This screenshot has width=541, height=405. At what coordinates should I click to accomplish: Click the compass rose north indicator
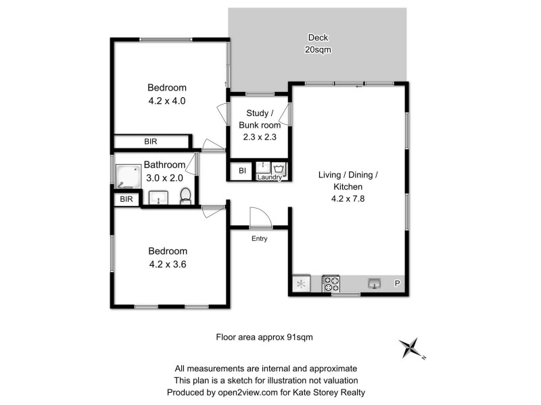coord(410,348)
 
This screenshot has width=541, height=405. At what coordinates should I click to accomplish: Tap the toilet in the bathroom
coord(185,196)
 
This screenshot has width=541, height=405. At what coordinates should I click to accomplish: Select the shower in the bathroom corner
coord(126,177)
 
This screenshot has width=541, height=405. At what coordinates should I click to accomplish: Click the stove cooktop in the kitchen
coord(331,283)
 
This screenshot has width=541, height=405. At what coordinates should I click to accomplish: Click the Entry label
coord(259,238)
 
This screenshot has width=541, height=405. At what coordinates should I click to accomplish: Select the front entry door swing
coord(260,217)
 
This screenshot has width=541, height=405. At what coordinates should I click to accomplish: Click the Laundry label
coord(269,178)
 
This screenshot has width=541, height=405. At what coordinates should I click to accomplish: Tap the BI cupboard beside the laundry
coord(241,171)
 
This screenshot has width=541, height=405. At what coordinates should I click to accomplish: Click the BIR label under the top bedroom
coord(150,142)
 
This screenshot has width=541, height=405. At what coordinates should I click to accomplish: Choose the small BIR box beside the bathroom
coord(126,199)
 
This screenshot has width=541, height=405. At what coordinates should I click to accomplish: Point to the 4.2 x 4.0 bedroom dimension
coord(167,101)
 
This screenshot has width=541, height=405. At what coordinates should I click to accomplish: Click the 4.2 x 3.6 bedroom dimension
coord(167,265)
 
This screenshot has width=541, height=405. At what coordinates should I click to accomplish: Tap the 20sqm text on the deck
coord(318,50)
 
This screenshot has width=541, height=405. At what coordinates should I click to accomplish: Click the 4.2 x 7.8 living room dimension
coord(348,198)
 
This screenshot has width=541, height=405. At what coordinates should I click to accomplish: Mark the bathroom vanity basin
coord(158,198)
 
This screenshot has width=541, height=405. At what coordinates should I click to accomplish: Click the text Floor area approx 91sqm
coord(264,335)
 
